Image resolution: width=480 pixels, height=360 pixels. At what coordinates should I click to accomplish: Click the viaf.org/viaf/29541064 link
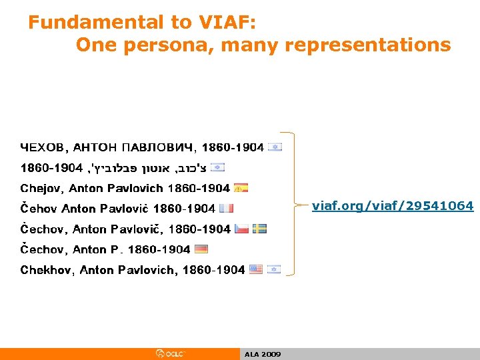[393, 206]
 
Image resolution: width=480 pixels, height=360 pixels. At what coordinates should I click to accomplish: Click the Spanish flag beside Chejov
[241, 188]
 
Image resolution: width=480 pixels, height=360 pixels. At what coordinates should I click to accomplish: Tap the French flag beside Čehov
[226, 209]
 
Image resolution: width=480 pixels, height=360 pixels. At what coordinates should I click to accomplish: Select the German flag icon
[201, 249]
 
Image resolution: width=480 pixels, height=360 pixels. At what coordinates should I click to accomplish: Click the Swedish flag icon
[260, 229]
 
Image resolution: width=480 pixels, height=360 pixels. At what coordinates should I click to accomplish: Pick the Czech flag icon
[241, 229]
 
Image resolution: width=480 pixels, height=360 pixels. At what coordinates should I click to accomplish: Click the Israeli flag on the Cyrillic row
[275, 147]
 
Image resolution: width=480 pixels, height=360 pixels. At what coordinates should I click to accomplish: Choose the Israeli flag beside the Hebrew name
[218, 167]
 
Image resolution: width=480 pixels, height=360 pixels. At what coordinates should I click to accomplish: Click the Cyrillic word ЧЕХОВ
[42, 147]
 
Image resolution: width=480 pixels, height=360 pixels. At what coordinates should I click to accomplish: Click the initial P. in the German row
[115, 249]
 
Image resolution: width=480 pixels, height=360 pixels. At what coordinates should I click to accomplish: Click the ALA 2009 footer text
[263, 355]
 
